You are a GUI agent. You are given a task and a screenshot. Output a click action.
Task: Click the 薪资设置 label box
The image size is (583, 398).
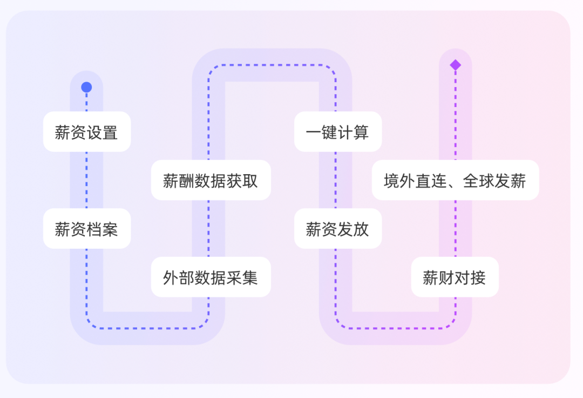tap(87, 132)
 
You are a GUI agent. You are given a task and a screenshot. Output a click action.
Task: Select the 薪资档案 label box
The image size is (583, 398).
tap(87, 229)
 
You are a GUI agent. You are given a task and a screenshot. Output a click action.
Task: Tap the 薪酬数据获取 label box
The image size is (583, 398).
tap(211, 181)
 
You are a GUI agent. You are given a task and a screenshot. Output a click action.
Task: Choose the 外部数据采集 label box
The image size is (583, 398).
tap(211, 277)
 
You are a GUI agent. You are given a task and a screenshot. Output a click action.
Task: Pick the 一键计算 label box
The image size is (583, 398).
tap(338, 132)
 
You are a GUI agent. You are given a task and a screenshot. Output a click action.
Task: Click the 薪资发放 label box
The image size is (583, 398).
tap(338, 229)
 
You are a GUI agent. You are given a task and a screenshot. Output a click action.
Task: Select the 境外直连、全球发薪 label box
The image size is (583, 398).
tap(455, 181)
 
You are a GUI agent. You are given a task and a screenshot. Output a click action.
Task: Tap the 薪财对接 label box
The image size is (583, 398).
tap(455, 277)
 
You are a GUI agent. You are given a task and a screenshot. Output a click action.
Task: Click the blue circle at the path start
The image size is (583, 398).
tap(86, 87)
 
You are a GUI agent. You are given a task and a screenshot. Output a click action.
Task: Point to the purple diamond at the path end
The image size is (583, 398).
tap(456, 65)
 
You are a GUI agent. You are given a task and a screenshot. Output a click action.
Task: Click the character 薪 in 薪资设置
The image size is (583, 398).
tap(63, 132)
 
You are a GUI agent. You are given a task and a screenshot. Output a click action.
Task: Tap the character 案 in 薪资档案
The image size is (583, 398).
tap(110, 229)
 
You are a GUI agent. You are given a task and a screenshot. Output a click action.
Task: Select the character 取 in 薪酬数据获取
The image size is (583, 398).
tap(250, 181)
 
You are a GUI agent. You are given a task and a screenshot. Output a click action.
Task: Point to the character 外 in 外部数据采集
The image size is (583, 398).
tap(171, 278)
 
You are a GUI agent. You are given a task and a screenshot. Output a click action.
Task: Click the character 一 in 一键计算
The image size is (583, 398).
tap(314, 132)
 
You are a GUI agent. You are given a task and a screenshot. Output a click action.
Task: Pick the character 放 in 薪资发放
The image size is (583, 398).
tap(361, 229)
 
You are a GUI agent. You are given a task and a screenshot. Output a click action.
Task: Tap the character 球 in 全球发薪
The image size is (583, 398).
tap(486, 181)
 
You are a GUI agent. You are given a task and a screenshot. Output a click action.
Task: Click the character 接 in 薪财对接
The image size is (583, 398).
tap(478, 278)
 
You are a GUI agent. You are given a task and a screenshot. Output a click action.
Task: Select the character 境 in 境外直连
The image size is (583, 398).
tap(392, 181)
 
